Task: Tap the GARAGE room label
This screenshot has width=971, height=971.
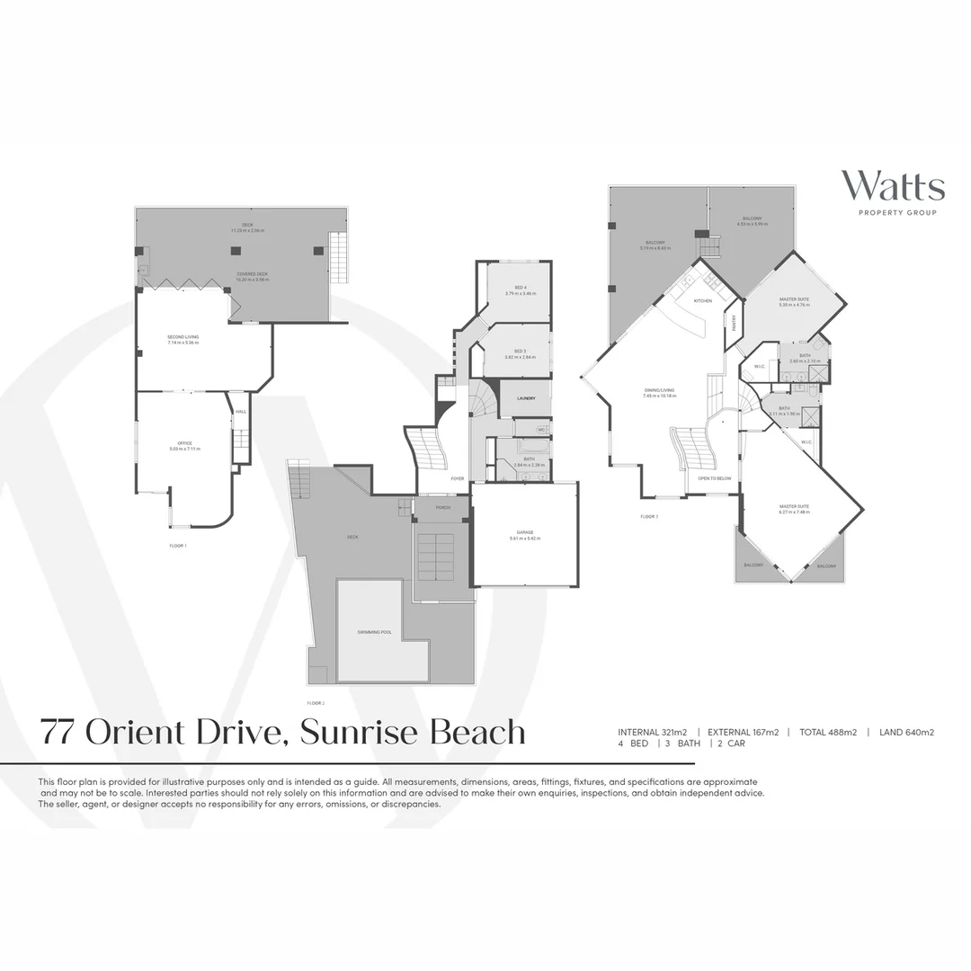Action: [525, 532]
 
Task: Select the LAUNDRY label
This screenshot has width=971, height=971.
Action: [526, 397]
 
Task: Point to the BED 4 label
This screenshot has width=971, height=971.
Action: [520, 288]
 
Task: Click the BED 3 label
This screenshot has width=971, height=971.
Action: [520, 351]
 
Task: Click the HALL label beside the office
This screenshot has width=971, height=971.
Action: [240, 412]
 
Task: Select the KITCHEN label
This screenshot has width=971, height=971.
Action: [702, 300]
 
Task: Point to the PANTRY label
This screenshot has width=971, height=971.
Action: [735, 322]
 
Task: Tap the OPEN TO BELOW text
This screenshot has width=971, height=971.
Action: [715, 478]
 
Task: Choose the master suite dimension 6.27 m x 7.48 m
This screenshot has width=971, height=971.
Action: [794, 512]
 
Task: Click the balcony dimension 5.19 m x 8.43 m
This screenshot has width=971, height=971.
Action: [654, 248]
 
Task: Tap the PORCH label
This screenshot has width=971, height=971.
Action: [442, 507]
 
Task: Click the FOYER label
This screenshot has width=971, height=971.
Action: [458, 478]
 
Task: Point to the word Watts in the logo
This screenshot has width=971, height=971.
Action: [892, 187]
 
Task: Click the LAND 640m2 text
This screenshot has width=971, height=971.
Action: [906, 732]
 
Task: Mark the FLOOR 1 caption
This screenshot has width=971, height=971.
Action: [178, 546]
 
